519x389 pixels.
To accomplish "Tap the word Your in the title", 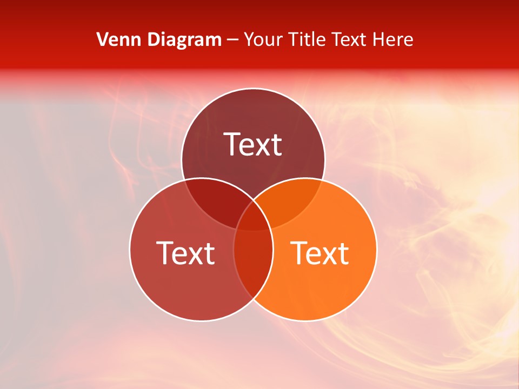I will pos(263,39).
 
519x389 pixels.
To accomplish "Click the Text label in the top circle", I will pos(253,144).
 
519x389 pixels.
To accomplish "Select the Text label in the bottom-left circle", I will pos(185,253).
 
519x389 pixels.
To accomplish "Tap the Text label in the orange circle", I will pos(320,253).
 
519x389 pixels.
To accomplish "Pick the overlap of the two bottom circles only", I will pos(253,265).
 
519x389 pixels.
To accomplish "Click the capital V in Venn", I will pos(102,39).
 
